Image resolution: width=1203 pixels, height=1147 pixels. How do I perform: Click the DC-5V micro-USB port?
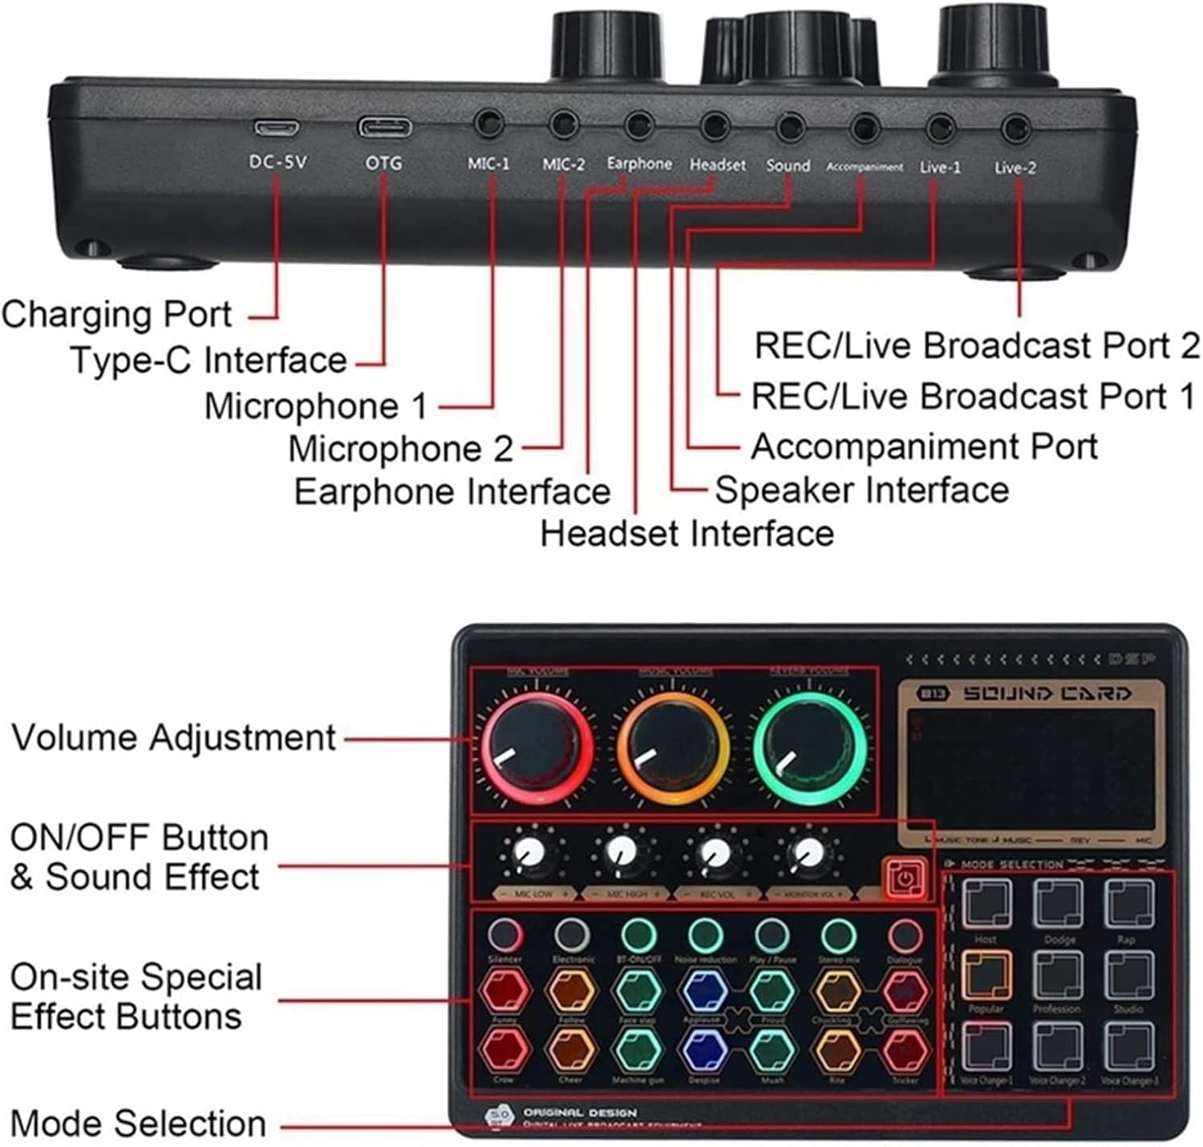[x=277, y=127]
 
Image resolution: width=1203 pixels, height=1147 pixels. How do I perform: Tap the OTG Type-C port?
[x=385, y=127]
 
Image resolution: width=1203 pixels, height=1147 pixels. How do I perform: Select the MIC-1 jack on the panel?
[x=488, y=125]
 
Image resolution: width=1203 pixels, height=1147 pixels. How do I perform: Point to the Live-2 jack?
[x=1016, y=128]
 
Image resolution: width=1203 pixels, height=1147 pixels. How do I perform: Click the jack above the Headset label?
[x=714, y=126]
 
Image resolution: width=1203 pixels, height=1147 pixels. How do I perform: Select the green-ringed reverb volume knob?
[x=809, y=744]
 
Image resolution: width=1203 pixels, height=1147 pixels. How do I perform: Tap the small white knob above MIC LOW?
[x=530, y=853]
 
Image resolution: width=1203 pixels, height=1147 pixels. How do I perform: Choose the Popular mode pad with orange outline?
[x=986, y=974]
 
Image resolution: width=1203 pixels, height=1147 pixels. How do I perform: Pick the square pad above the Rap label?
[x=1128, y=903]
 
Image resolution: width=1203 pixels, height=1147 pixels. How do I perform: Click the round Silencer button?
[x=504, y=935]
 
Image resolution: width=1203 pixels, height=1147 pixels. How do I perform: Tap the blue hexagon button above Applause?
[x=704, y=991]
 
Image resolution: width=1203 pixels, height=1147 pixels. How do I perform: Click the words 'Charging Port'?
[x=117, y=313]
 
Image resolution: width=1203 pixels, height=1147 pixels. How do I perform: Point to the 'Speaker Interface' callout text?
[x=861, y=490]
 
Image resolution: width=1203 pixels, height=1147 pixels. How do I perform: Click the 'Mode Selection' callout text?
[x=138, y=1124]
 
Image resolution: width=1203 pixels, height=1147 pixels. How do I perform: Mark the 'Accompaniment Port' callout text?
[x=924, y=446]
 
